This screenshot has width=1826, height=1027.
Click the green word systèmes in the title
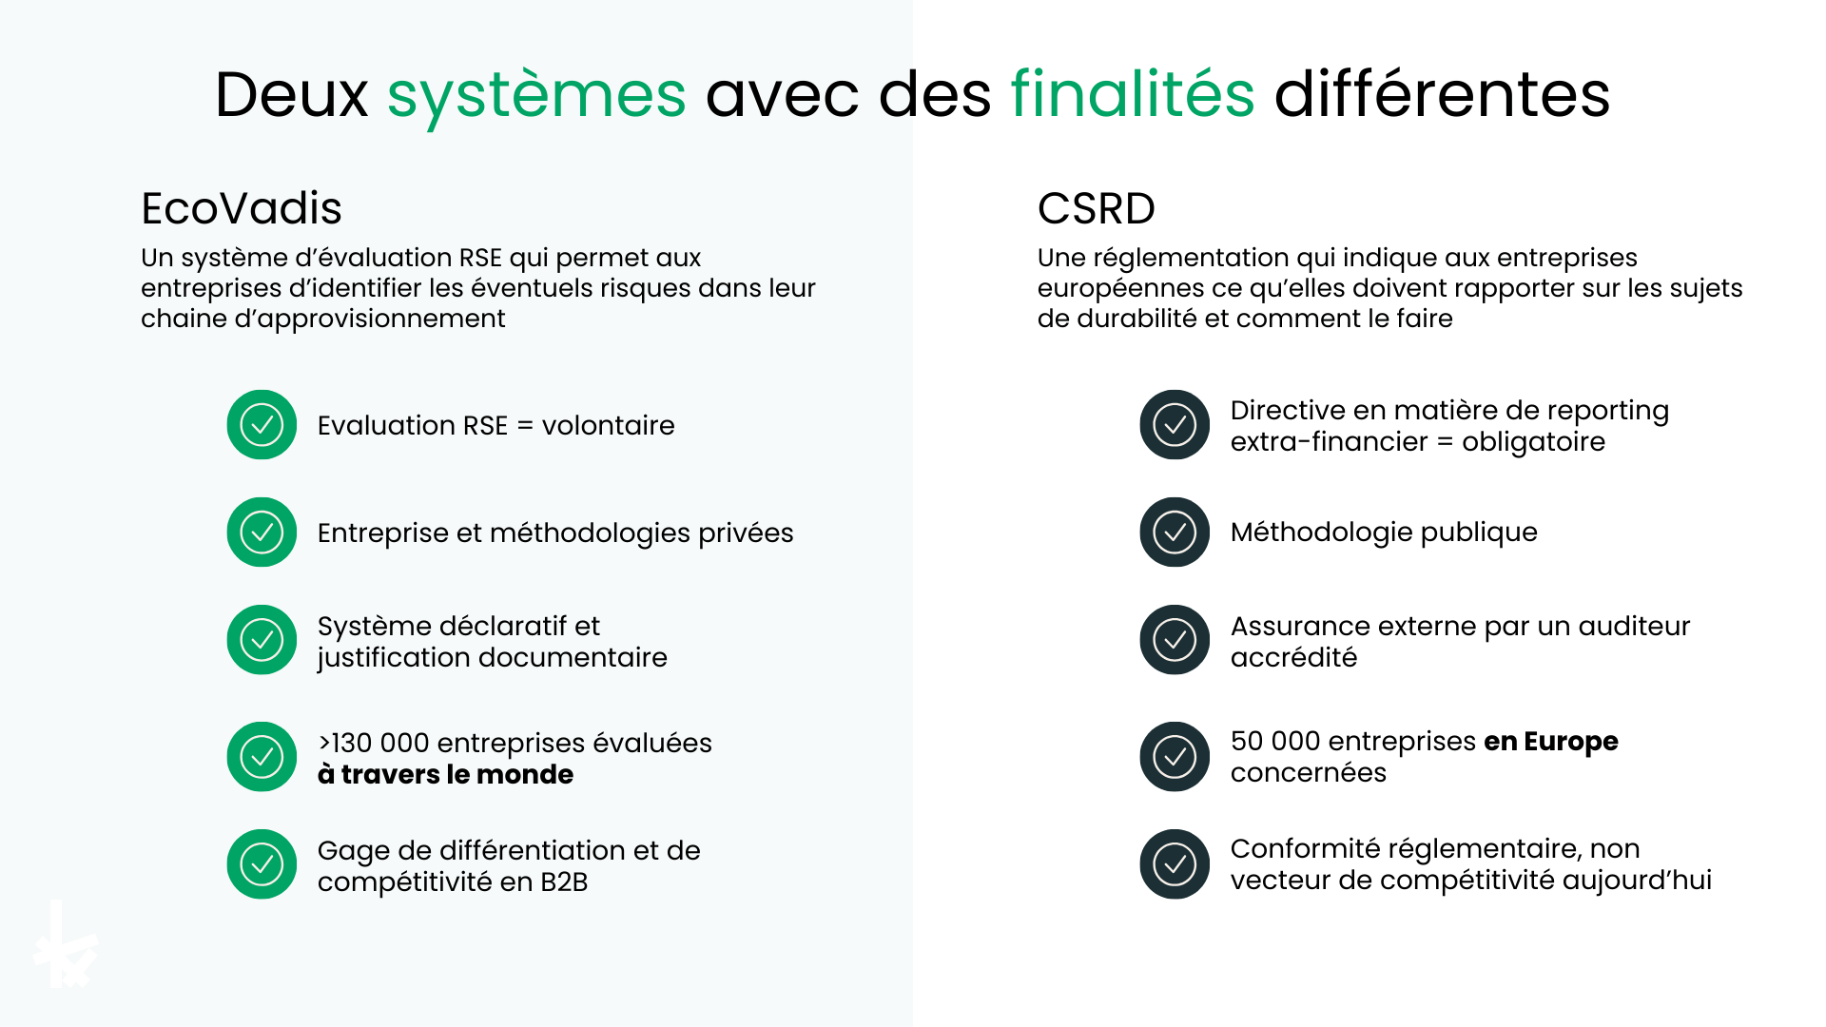click(536, 95)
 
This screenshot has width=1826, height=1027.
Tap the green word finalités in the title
click(1132, 95)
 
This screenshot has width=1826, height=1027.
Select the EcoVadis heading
click(242, 208)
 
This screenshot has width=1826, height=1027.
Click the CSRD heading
click(1096, 208)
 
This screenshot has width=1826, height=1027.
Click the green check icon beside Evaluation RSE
click(262, 425)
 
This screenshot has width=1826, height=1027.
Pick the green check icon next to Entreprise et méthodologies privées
click(262, 533)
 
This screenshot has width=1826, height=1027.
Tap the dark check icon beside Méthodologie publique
click(1175, 533)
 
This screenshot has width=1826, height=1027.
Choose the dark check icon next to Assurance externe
click(1175, 640)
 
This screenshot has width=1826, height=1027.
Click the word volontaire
click(608, 426)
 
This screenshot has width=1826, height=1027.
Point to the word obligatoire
click(1533, 442)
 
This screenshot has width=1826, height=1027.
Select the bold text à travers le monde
click(445, 775)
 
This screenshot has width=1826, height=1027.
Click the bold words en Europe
click(1550, 742)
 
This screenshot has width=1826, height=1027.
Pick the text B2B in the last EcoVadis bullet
click(564, 882)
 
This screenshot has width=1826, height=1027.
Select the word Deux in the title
click(291, 95)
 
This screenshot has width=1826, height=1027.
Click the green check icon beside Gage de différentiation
click(262, 864)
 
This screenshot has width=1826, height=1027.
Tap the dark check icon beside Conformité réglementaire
click(1175, 864)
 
